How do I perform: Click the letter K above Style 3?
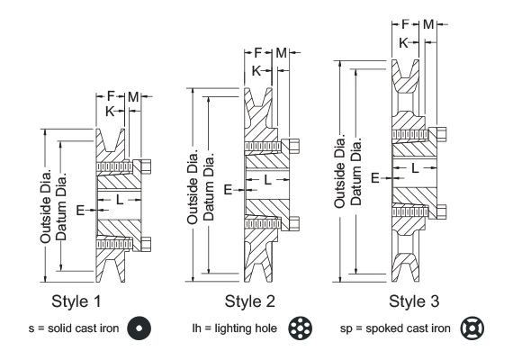[x=404, y=41]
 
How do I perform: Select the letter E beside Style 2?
[x=228, y=190]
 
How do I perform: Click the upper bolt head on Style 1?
[x=144, y=165]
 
